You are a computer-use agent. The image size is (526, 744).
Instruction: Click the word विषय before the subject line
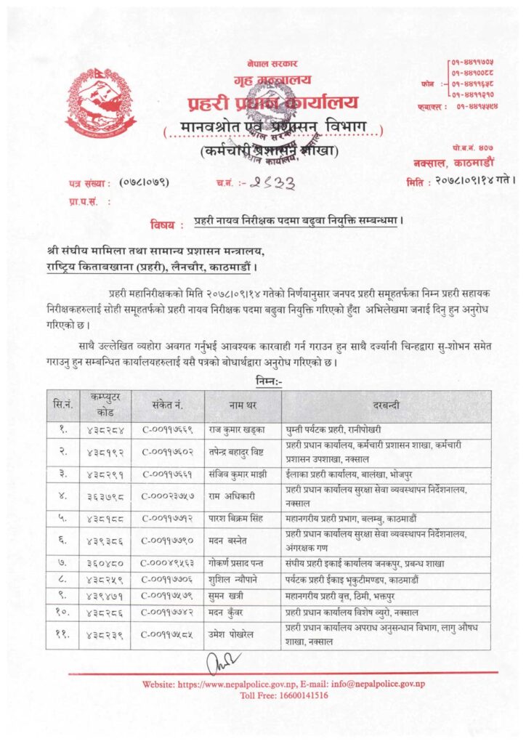tap(166, 224)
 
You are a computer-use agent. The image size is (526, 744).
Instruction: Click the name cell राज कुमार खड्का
tap(236, 430)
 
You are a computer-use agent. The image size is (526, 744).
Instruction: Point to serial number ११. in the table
tap(61, 634)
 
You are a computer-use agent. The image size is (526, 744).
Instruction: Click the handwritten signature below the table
tap(222, 663)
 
